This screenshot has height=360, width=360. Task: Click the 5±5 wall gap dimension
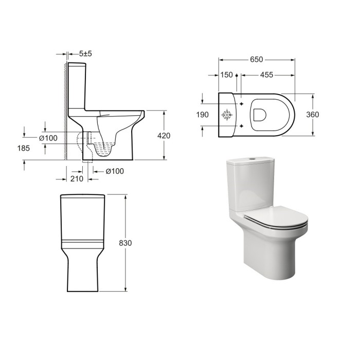point(86,53)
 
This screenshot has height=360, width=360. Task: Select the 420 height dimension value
point(164,136)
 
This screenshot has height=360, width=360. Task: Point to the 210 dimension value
point(77,179)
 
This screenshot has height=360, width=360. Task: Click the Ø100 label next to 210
point(115,171)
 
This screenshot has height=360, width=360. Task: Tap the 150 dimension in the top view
point(226,75)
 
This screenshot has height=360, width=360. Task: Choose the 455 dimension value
point(266,75)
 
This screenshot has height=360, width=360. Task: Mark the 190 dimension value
point(203,115)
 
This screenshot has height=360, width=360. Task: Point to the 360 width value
point(312,115)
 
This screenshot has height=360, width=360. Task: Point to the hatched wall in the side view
point(64,108)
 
